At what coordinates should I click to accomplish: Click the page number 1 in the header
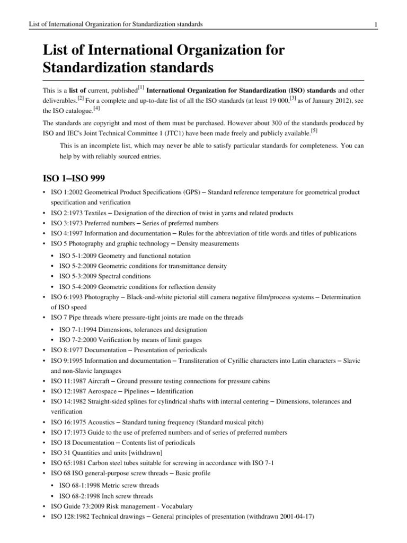[x=375, y=24]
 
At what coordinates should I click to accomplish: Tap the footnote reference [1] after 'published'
[x=141, y=87]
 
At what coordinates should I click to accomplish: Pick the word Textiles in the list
[x=103, y=213]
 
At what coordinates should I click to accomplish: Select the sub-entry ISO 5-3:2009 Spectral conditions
[x=105, y=277]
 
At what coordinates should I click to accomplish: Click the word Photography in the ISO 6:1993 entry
[x=102, y=297]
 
